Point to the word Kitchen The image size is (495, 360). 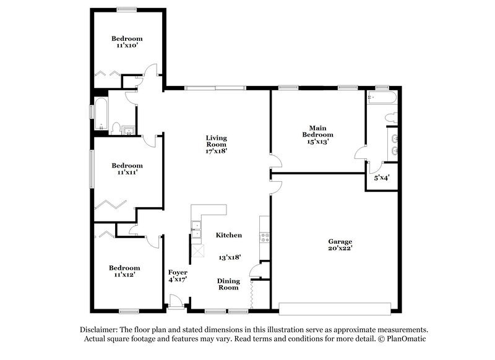228,236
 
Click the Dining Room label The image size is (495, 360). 228,284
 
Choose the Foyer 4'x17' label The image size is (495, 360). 178,275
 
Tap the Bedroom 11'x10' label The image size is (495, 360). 126,41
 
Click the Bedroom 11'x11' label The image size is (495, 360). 127,169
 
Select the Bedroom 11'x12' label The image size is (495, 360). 124,272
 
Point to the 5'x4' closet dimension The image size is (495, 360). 381,178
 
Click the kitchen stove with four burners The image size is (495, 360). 265,236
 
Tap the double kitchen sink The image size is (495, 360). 196,228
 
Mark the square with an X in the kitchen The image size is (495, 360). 197,250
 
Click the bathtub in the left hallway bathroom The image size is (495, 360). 98,113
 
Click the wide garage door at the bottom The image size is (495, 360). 335,307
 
